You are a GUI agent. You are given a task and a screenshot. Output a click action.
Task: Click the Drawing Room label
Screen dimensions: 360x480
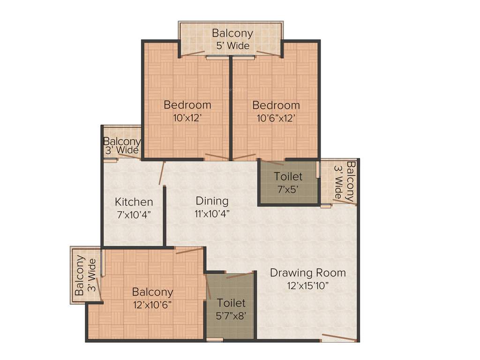307,273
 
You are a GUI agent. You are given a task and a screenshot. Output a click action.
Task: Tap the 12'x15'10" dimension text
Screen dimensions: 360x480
307,285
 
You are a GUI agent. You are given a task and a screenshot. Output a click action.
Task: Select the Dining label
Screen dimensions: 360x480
212,201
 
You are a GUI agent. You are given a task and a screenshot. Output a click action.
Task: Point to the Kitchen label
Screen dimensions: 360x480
134,202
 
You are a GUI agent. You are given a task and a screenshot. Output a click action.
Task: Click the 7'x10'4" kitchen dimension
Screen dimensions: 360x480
134,214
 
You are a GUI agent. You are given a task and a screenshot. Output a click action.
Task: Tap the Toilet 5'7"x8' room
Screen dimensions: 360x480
231,309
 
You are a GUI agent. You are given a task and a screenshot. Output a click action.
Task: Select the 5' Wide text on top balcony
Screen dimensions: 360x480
232,46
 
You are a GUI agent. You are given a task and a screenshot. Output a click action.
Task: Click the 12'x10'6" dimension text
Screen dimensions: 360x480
152,304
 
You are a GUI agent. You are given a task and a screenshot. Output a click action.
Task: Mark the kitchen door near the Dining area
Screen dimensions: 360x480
162,173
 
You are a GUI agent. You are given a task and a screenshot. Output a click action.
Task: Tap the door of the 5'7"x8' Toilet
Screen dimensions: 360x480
240,275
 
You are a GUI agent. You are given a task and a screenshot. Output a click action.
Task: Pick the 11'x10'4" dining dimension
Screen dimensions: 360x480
212,214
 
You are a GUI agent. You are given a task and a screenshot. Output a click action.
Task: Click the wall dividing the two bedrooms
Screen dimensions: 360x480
231,108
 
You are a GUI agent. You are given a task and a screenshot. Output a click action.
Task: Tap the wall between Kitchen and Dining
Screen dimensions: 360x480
165,216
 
